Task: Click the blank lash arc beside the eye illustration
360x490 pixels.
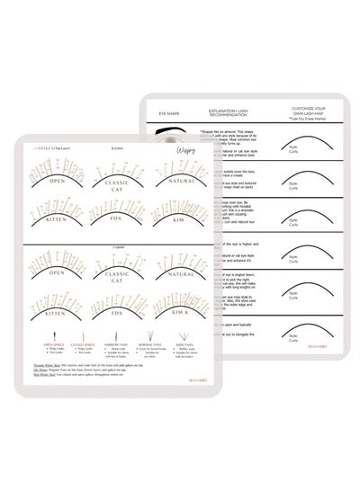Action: [295, 149]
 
